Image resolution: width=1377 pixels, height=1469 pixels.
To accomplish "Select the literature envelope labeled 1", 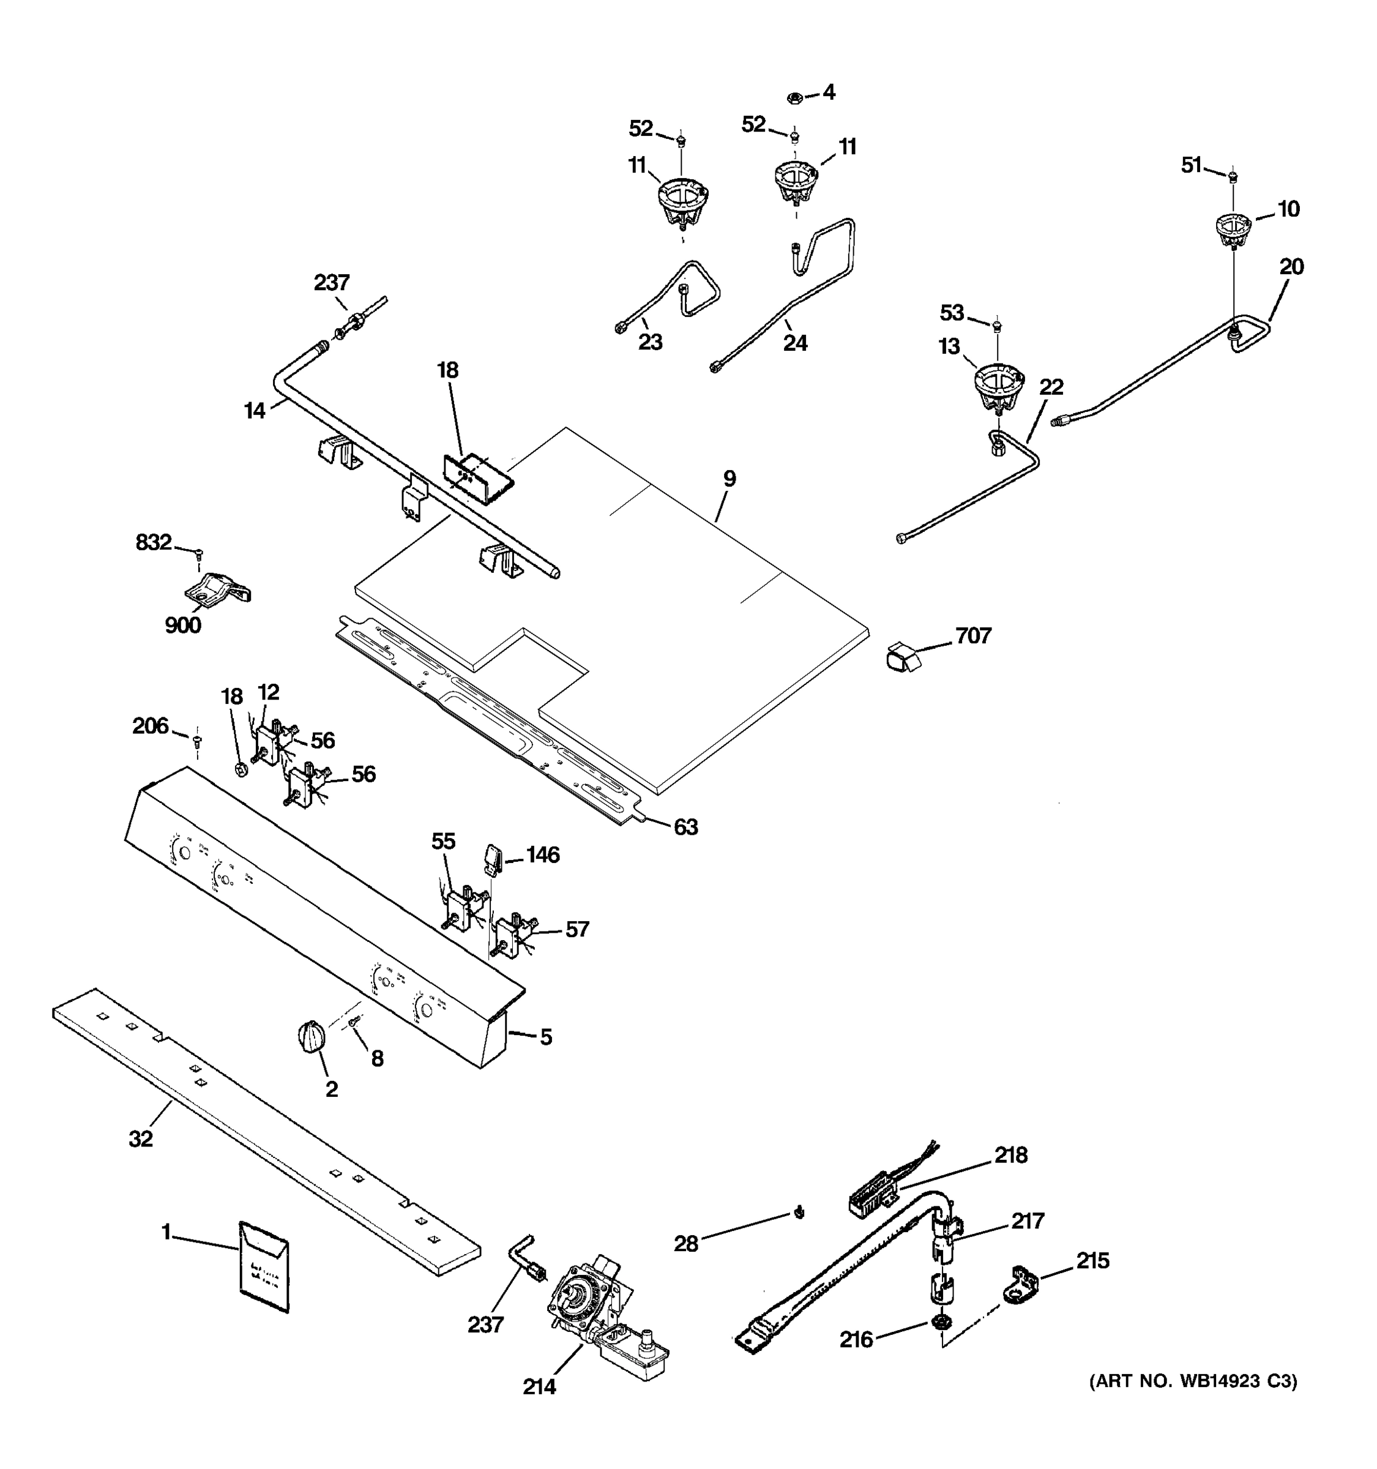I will [x=264, y=1266].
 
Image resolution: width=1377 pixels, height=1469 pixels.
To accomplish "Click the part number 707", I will [x=973, y=635].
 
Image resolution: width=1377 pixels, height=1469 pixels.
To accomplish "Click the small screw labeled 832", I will [x=198, y=553].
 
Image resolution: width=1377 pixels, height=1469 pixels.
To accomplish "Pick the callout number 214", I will [x=539, y=1387].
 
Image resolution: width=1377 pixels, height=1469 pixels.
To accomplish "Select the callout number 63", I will [x=685, y=827].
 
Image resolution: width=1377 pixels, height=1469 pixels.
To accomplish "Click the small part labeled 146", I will [x=493, y=859].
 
